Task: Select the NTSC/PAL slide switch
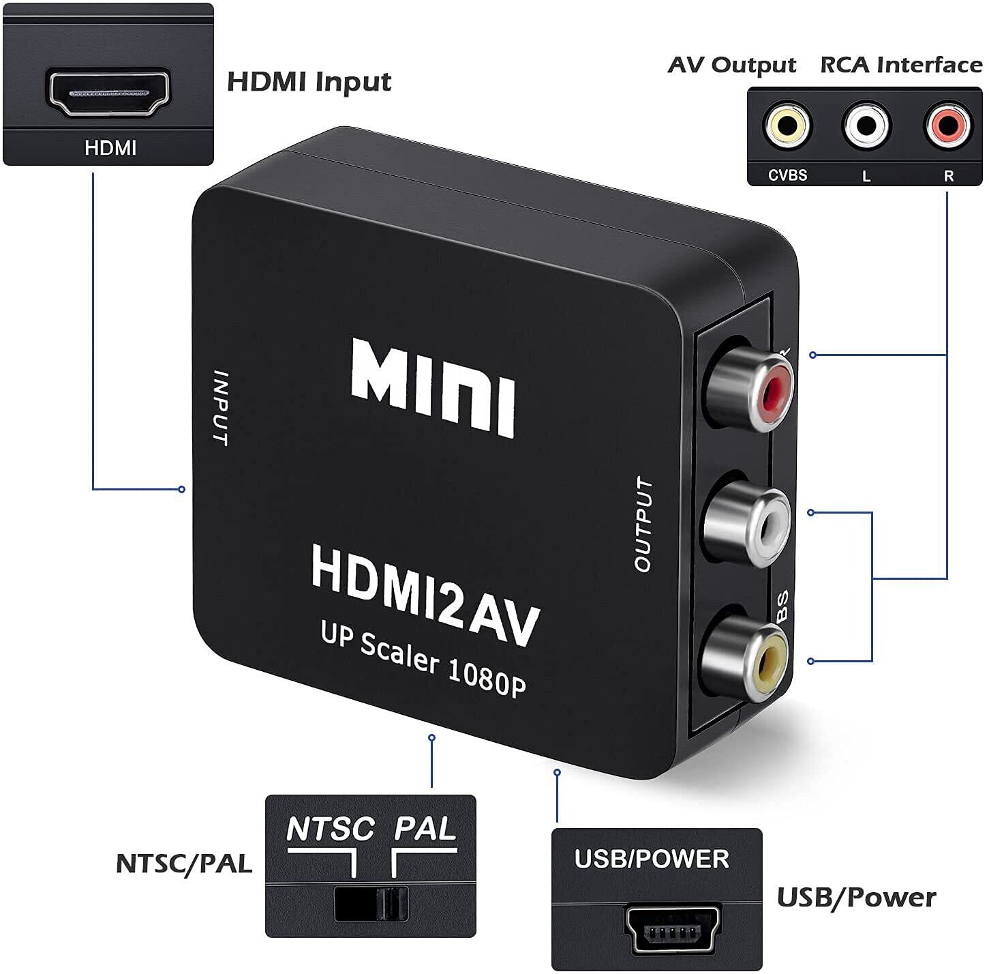point(371,904)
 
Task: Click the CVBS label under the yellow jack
point(787,175)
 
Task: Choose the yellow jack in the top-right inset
point(788,126)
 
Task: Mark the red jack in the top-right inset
point(947,125)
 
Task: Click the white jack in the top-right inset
point(866,126)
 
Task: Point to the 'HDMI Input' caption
point(309,82)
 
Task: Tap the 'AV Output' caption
point(732,65)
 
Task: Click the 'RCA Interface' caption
point(900,65)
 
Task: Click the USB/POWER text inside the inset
point(652,858)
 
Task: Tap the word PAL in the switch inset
point(425,828)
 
